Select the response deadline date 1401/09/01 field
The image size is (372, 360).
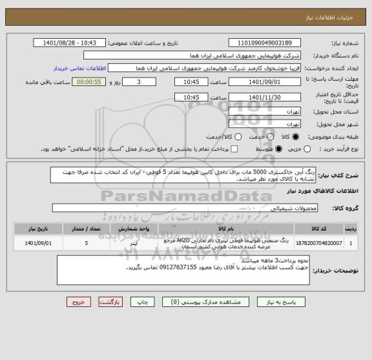265,82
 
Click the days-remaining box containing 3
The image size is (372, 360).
141,82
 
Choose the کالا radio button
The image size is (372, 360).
296,136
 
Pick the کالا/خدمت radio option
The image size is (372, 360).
220,136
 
